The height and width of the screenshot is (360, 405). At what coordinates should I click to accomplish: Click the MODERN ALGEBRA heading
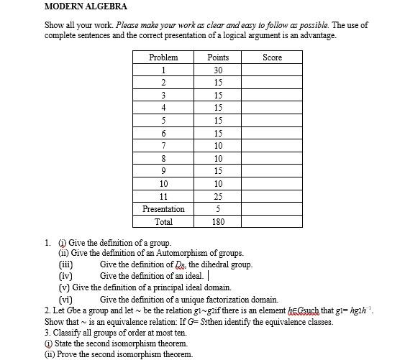click(x=86, y=6)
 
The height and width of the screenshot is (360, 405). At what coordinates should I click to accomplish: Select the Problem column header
click(x=163, y=57)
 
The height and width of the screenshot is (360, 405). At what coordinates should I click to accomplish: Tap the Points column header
click(x=218, y=57)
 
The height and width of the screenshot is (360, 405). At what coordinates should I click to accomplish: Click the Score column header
click(x=273, y=57)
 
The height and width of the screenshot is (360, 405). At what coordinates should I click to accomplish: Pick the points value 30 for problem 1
click(x=218, y=70)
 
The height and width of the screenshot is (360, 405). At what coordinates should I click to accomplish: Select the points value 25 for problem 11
click(x=218, y=195)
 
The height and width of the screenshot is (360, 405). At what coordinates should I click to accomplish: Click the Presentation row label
click(x=163, y=209)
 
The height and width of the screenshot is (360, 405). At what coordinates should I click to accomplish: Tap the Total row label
click(x=163, y=222)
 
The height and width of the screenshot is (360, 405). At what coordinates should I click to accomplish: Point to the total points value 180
click(x=218, y=222)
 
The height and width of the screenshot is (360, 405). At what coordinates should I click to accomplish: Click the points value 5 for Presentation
click(x=218, y=209)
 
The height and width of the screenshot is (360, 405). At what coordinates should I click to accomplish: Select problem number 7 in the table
click(x=163, y=146)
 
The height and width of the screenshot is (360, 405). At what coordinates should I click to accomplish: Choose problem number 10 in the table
click(x=163, y=183)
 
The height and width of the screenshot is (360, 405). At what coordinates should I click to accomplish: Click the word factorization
click(x=224, y=299)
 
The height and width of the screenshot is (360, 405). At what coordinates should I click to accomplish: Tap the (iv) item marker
click(x=65, y=275)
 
